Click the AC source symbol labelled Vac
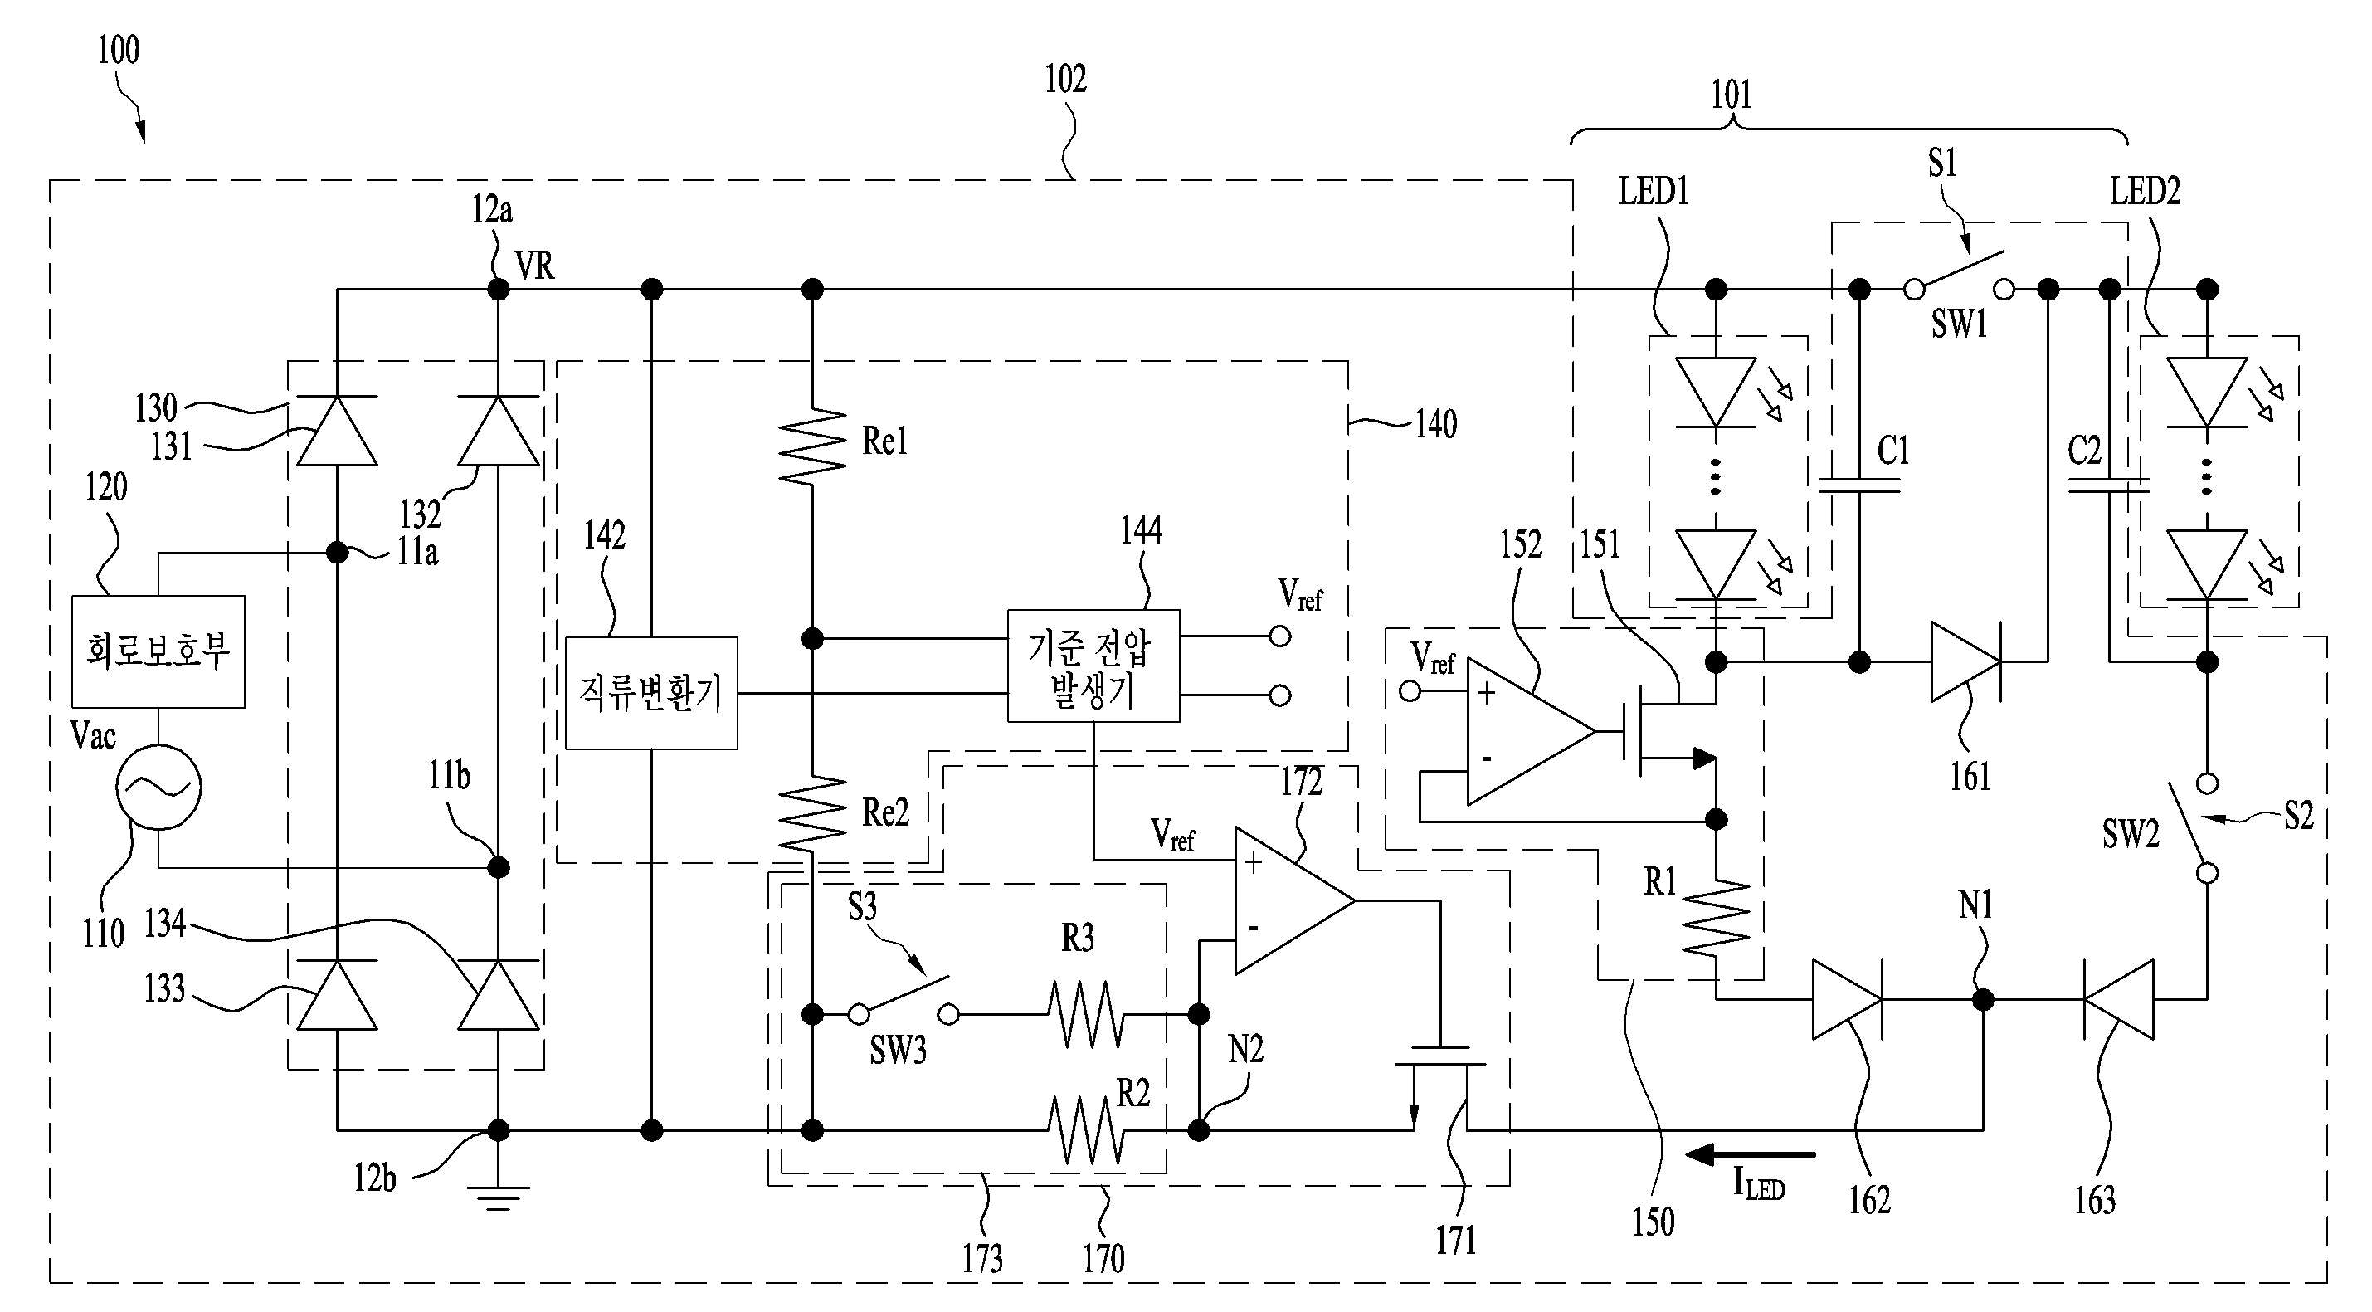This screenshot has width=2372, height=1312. point(158,788)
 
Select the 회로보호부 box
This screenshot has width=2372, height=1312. point(158,651)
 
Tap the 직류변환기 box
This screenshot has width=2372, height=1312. point(651,692)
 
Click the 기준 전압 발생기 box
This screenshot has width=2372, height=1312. point(1093,665)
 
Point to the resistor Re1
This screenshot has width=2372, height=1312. point(811,446)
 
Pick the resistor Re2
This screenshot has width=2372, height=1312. point(811,813)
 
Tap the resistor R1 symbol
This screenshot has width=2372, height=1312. point(1716,917)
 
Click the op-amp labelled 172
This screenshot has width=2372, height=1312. point(1293,900)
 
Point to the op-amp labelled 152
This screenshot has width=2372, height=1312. point(1531,732)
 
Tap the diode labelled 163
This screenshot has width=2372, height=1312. point(2118,999)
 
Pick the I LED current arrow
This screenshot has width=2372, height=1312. point(1751,1153)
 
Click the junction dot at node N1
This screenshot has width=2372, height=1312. point(1984,999)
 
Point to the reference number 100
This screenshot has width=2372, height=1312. point(119,50)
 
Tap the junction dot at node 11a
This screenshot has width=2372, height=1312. point(337,553)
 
